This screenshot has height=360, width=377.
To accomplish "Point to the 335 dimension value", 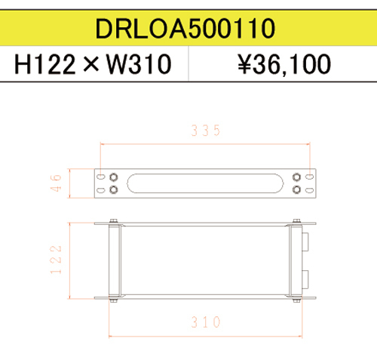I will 206,131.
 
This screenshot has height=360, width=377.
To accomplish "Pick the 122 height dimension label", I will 55,260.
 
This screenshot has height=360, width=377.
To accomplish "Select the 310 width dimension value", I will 205,322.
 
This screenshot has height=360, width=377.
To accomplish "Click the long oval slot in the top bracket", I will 205,183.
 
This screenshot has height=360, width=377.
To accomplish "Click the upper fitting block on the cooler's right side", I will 305,243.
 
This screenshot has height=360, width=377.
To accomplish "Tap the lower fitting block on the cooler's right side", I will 305,277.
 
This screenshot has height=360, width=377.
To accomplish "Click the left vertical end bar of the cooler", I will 114,260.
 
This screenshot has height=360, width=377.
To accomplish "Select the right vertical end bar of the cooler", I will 296,260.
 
